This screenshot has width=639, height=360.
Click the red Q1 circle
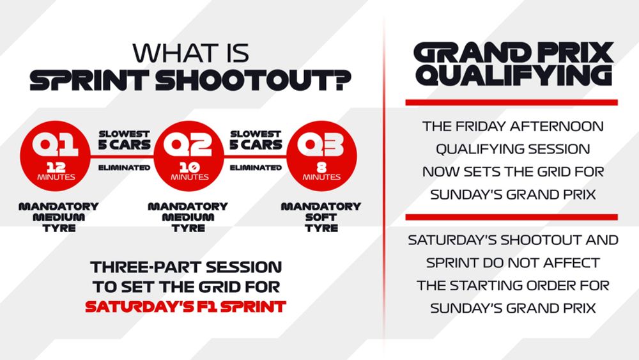click(x=55, y=156)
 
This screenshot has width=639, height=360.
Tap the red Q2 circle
click(x=189, y=156)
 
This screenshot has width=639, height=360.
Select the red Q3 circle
click(x=321, y=156)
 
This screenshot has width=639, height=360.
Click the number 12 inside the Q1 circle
click(x=56, y=167)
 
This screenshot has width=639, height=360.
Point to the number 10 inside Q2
click(x=190, y=167)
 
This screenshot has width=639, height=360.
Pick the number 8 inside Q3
click(x=321, y=167)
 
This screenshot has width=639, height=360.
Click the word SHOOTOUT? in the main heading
click(x=253, y=81)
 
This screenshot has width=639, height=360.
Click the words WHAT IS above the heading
click(x=190, y=54)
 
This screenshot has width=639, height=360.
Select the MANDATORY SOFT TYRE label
click(x=321, y=217)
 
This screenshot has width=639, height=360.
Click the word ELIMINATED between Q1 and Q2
click(x=125, y=168)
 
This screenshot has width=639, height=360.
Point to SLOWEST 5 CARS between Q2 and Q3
click(x=256, y=140)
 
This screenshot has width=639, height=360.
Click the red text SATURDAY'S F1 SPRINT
click(x=186, y=306)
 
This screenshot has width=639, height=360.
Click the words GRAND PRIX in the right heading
click(x=514, y=52)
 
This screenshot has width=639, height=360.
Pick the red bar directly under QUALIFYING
click(x=511, y=102)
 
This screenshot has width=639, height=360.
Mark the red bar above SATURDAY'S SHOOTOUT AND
click(x=511, y=217)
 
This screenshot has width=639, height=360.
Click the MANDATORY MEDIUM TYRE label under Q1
click(x=59, y=217)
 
